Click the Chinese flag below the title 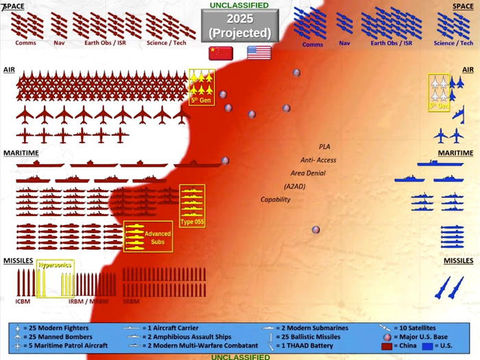click(221, 53)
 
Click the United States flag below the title click(259, 53)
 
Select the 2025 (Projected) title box click(240, 26)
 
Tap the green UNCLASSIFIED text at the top click(239, 5)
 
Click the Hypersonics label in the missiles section click(55, 265)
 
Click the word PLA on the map click(324, 147)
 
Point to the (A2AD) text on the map click(296, 187)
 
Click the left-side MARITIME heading click(20, 152)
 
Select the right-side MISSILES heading click(458, 261)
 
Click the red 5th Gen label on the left click(200, 101)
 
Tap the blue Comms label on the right click(313, 45)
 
